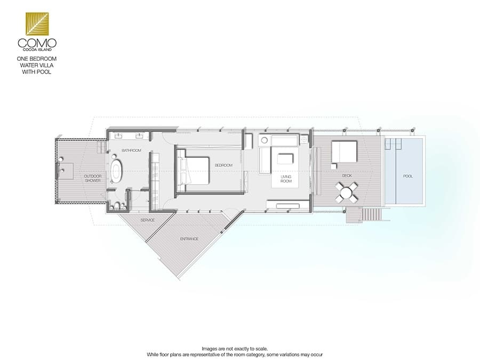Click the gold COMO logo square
tap(37, 23)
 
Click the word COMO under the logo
tap(37, 43)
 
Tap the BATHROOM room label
tap(131, 150)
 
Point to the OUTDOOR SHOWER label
tap(93, 179)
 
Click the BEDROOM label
tap(223, 165)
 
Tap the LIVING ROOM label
tap(286, 179)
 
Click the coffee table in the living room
tap(285, 159)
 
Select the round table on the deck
tap(346, 193)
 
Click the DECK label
tap(347, 175)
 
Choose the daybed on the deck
tap(345, 151)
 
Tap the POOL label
tap(408, 176)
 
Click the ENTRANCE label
tap(189, 239)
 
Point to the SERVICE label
tap(148, 220)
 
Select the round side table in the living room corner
tap(264, 140)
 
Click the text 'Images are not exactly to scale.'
tap(235, 349)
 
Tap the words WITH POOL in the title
tap(36, 72)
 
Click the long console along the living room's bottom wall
tap(288, 205)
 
